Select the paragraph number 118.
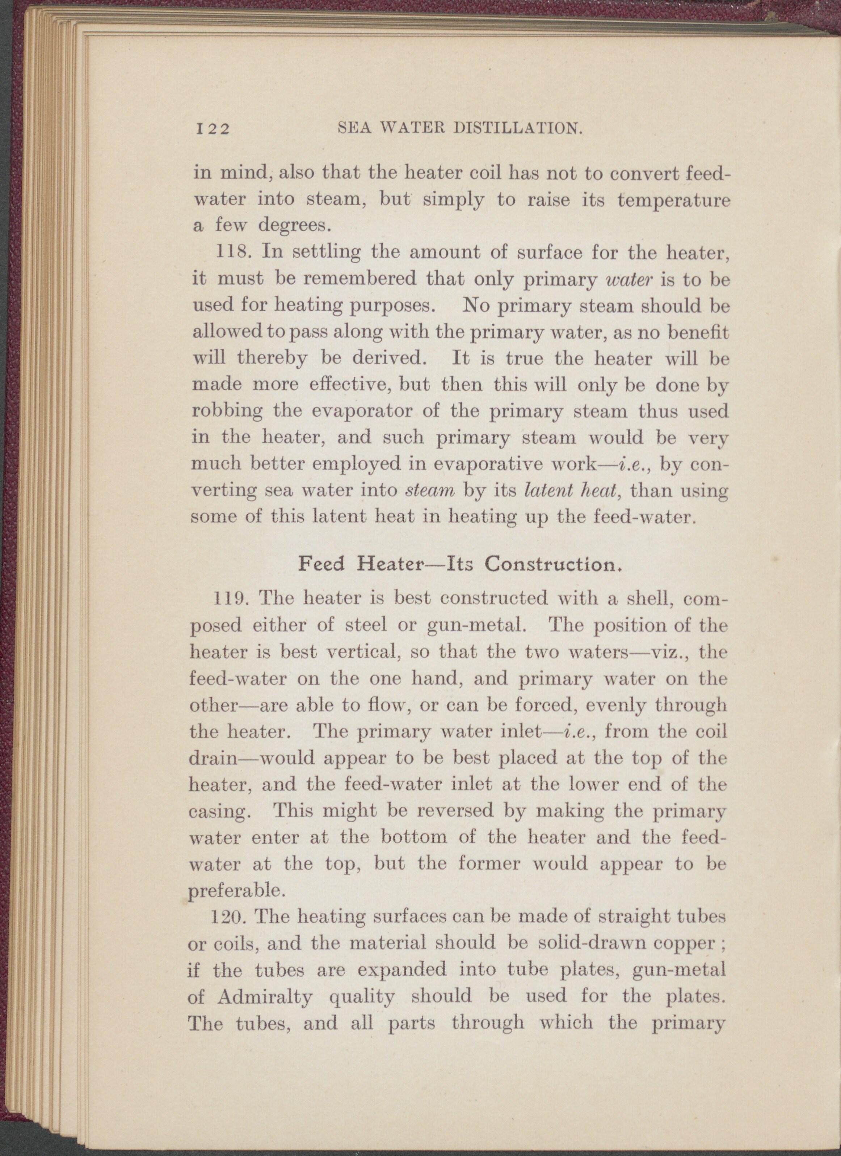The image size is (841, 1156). click(x=234, y=252)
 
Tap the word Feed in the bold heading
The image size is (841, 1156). click(x=321, y=564)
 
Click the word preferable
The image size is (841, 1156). click(x=235, y=890)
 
